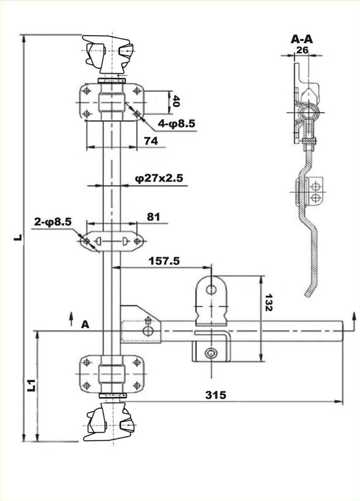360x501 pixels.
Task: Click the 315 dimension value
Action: click(x=215, y=395)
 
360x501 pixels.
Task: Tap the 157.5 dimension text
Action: click(x=164, y=261)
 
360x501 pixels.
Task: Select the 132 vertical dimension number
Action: click(x=268, y=302)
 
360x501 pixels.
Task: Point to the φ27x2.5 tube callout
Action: click(x=159, y=178)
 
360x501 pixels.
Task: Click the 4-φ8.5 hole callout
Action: click(x=177, y=123)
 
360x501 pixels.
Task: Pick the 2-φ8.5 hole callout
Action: click(x=53, y=222)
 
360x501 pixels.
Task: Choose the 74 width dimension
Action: click(x=151, y=140)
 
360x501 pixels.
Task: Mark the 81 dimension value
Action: click(x=153, y=217)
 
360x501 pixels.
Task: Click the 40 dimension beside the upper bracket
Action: click(x=176, y=102)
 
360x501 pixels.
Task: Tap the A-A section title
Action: click(x=302, y=39)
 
